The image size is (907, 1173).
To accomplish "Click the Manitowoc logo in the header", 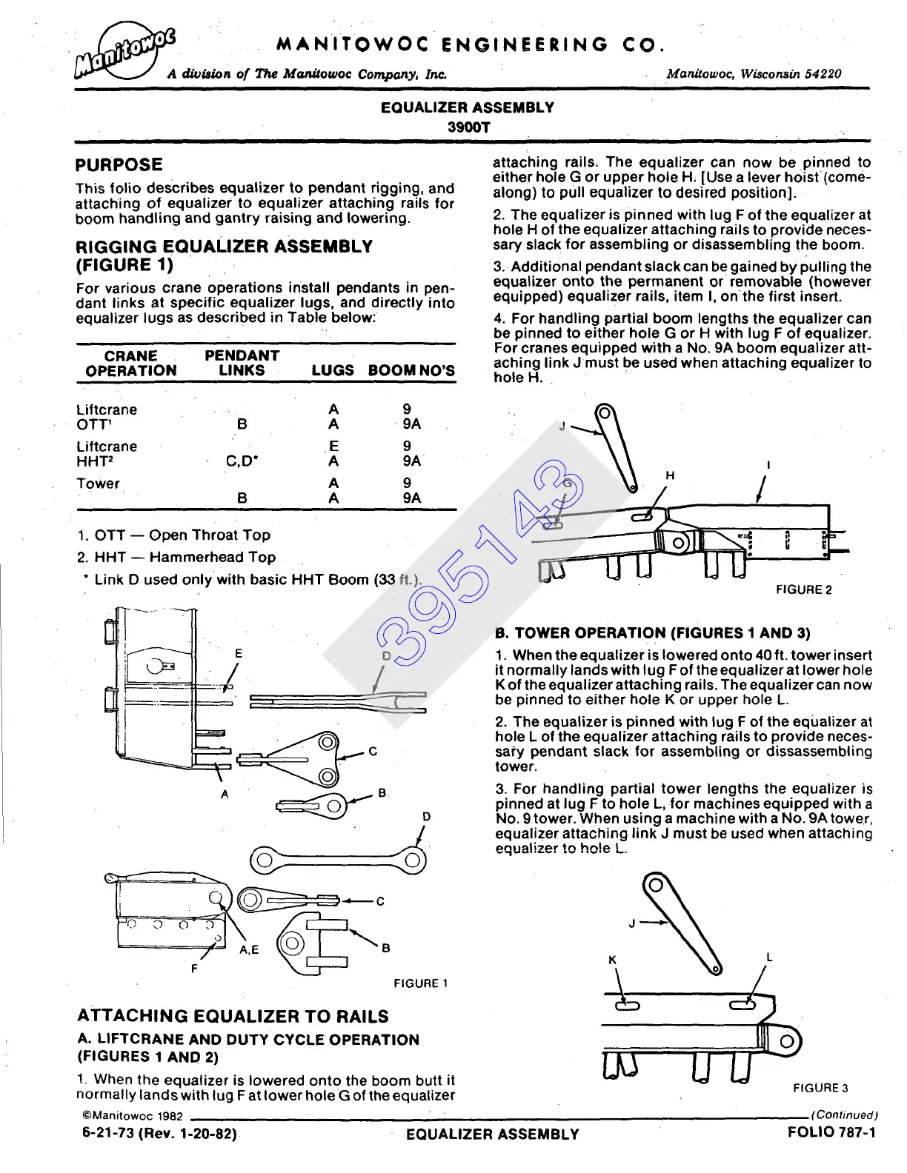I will [x=124, y=53].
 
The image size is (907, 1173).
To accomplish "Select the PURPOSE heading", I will [x=119, y=165].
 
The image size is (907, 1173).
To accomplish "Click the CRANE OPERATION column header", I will [x=130, y=364].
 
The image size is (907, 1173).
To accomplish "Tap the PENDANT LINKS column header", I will [x=242, y=364].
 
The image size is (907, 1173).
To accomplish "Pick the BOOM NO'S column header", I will [x=411, y=371].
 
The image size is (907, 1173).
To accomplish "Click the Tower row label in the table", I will [x=98, y=484].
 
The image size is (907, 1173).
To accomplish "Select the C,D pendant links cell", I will [x=242, y=461].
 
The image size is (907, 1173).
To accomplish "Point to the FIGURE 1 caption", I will [x=420, y=983].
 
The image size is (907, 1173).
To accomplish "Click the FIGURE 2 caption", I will [x=803, y=590].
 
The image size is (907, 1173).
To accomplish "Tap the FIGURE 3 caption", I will [x=820, y=1088].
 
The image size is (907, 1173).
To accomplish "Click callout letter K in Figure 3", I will [x=612, y=960].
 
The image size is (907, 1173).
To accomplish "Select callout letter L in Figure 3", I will [x=769, y=958].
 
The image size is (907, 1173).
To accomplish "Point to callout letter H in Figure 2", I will [x=670, y=475].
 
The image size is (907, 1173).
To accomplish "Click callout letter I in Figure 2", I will [x=768, y=465].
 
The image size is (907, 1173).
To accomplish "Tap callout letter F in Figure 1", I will [x=195, y=968].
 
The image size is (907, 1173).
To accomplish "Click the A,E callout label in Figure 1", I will [x=249, y=950].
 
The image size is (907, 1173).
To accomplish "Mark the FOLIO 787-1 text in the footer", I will [x=831, y=1132].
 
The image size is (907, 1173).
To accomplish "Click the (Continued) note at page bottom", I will [x=845, y=1114].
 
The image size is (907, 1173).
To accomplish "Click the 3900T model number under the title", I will [x=468, y=127].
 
